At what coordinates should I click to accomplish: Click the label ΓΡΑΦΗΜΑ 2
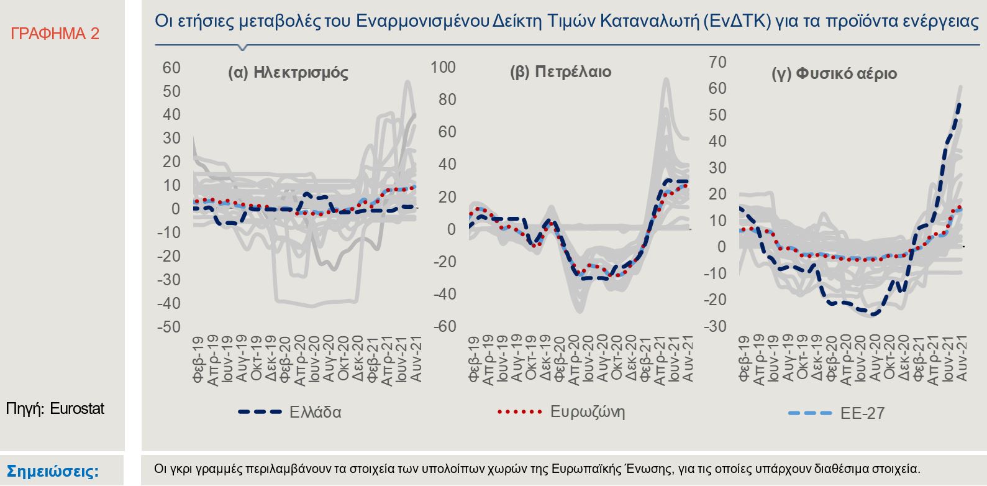55,34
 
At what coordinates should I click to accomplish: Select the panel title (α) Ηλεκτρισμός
288,73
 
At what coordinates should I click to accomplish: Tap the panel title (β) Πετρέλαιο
560,72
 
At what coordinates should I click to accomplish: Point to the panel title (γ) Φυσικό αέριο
834,74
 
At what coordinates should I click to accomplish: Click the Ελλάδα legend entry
315,412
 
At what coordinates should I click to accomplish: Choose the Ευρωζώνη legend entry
587,411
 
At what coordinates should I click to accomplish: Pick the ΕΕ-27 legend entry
862,413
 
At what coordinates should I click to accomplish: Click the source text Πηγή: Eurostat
55,408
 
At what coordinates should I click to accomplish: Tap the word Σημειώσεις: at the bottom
52,470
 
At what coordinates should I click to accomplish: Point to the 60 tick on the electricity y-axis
171,68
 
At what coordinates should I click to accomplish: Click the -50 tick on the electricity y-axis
168,327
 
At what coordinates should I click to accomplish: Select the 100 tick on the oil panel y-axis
443,67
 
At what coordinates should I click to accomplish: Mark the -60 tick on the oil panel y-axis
444,326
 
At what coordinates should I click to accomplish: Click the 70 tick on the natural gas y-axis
717,62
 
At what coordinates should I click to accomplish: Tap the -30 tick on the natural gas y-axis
714,326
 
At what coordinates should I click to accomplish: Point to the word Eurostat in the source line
77,408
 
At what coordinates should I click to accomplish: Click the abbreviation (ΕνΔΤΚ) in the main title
738,21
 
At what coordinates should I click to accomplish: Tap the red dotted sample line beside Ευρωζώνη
520,411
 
